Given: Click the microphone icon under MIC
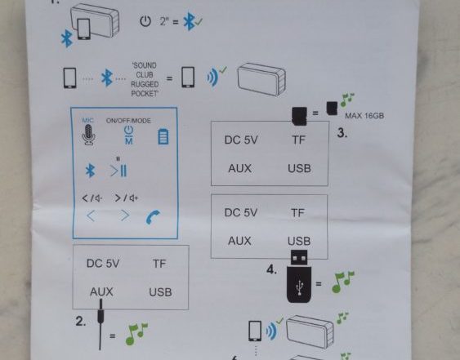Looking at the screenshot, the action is pos(88,135).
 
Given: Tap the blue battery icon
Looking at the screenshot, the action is pos(163,136).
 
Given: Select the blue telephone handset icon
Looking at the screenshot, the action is pos(153,217).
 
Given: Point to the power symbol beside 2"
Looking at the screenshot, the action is pos(145,21).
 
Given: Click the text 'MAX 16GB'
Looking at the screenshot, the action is pos(364,116).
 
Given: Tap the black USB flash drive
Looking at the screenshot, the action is pos(299,276).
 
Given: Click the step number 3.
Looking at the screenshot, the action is pos(342,133).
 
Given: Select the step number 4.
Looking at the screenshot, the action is pos(271,269).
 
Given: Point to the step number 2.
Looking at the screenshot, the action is pos(81,322).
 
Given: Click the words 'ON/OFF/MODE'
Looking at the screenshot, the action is pos(128,121).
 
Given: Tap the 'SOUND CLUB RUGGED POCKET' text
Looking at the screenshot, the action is pos(145,79).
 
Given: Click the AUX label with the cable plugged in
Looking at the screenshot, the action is pos(101,291).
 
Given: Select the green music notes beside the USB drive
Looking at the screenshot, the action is pos(342,282).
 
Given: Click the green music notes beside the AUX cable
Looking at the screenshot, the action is pos(136,334).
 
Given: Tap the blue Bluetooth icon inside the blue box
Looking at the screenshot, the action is pos(90,171).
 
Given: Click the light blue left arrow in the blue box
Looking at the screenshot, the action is pos(91,216).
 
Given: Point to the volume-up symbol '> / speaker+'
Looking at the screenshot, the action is pos(126,198).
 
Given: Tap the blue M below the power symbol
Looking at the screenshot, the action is pos(129,141).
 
